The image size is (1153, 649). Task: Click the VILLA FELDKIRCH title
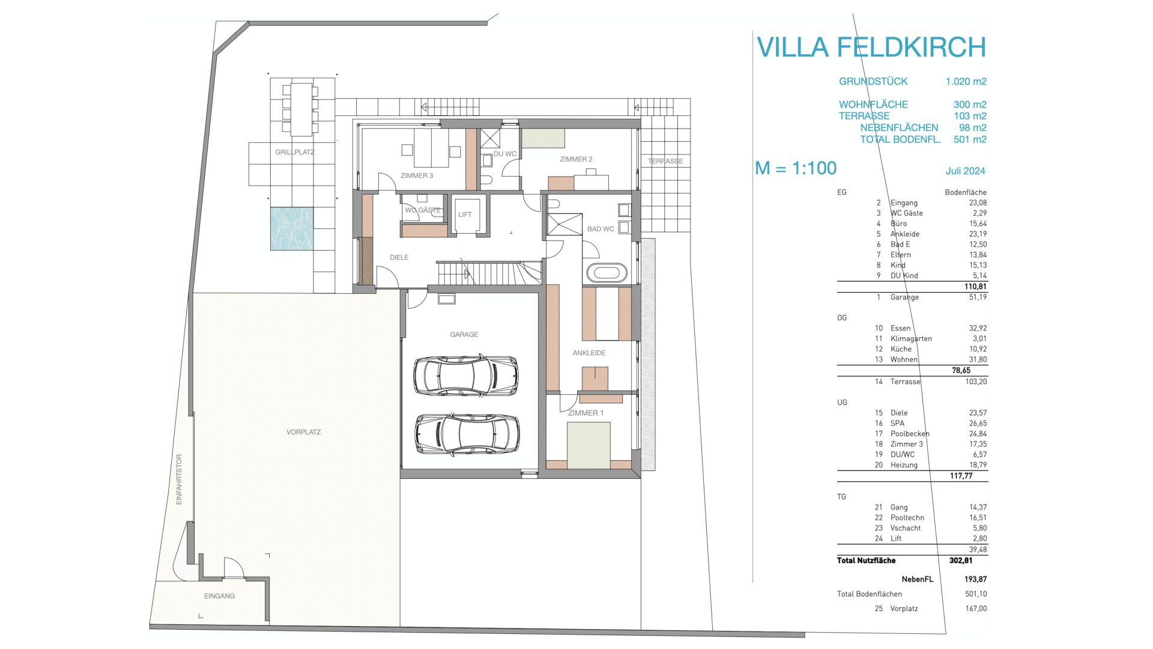coord(871,47)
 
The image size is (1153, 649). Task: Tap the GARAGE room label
coord(464,335)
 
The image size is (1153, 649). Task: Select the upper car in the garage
coord(465,376)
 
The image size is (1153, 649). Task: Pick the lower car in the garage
coord(467,434)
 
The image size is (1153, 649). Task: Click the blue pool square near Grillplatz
coord(291,228)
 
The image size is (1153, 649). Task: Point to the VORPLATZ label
coord(304,432)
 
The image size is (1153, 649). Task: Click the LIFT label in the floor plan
coord(465,215)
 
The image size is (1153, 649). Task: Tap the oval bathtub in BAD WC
coord(607,273)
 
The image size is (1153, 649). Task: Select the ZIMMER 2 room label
coord(576,159)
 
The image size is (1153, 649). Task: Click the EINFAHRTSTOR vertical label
coord(179,479)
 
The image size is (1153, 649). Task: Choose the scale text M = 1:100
coord(796,168)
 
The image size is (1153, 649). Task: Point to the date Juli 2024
coord(966,171)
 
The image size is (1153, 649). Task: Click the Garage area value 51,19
coord(978,297)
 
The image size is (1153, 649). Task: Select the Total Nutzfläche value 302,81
coord(961,561)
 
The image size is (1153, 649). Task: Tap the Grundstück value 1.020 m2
coord(966,82)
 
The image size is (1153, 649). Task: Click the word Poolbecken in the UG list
coord(910,434)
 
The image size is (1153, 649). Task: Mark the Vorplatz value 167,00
coord(976,609)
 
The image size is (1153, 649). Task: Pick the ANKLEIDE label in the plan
coord(589,353)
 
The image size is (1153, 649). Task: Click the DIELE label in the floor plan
coord(399,258)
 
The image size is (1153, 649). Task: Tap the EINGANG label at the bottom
coord(220,596)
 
